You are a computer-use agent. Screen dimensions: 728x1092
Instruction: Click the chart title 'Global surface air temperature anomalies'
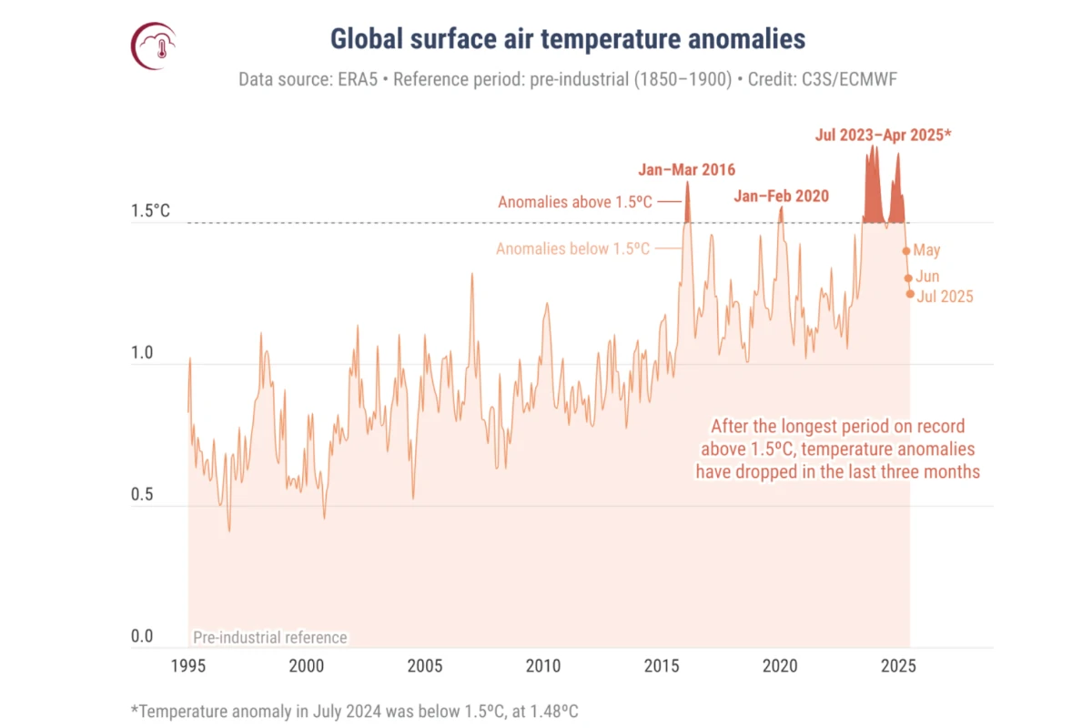[567, 39]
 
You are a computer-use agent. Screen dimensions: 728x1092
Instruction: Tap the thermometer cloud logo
[154, 45]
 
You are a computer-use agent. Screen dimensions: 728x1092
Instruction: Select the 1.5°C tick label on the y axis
[151, 211]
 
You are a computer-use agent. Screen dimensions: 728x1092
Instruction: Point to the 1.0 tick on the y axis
[142, 354]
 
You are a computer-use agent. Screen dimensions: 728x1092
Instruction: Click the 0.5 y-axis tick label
[142, 495]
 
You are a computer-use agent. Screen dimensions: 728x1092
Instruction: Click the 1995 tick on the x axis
[188, 665]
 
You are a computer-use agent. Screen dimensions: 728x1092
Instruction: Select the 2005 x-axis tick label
[425, 665]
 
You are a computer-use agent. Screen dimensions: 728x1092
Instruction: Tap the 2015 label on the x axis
[662, 665]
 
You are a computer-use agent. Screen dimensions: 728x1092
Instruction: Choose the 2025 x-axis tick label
[898, 665]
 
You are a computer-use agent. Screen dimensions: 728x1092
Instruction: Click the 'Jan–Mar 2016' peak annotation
[686, 169]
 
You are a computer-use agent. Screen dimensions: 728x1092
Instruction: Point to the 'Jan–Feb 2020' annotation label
[782, 196]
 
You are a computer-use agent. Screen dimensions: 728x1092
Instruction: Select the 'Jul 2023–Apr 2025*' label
[883, 136]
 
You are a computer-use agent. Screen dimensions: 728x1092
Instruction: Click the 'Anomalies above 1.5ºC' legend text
[575, 202]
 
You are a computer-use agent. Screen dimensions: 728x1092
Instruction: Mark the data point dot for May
[906, 251]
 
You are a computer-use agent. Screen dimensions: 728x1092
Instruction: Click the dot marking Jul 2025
[910, 294]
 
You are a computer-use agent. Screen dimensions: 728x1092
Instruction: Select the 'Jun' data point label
[928, 277]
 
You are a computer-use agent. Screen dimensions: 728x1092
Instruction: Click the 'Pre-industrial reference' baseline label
[269, 637]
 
